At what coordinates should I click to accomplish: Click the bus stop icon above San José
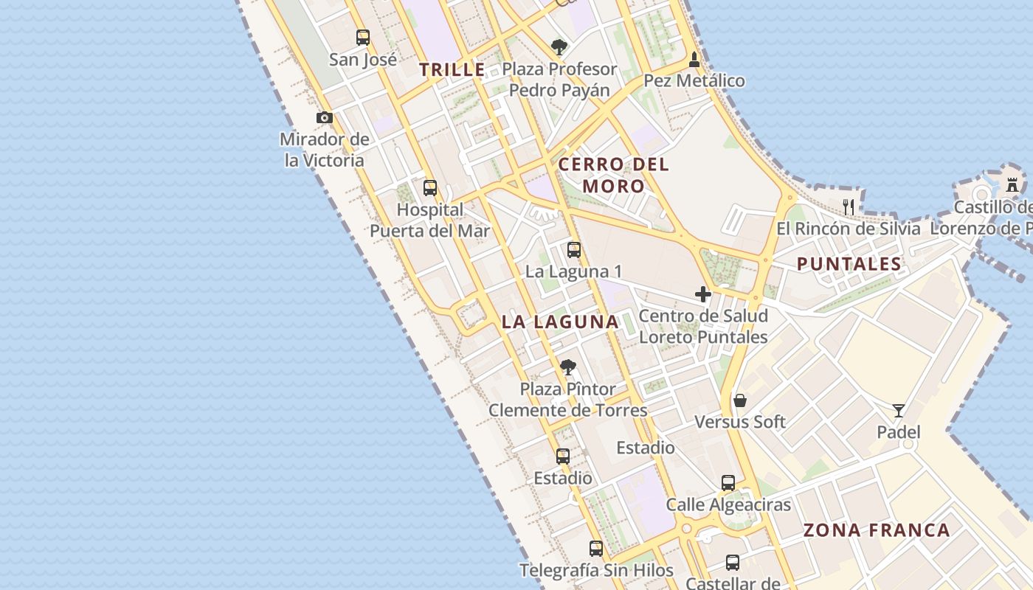pos(362,37)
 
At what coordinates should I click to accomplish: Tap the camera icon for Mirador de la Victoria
pos(324,117)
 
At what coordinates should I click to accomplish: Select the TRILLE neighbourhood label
pos(452,70)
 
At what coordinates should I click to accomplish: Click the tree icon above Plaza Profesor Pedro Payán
pos(559,47)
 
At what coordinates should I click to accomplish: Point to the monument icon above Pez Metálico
pos(694,59)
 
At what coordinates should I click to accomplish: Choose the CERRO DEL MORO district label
pos(613,175)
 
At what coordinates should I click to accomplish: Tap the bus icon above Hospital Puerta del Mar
pos(429,188)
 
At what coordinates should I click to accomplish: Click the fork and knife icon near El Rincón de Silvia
pos(849,206)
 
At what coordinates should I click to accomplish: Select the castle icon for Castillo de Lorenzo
pos(1012,184)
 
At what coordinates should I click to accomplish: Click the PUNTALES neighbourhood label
pos(849,264)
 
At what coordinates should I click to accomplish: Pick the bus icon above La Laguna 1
pos(573,250)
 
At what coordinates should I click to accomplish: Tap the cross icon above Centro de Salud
pos(702,294)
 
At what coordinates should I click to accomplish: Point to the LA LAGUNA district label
pos(560,322)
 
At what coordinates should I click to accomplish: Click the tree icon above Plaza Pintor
pos(567,367)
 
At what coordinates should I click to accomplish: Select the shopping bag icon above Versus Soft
pos(739,400)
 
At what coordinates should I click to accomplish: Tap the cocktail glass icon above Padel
pos(898,411)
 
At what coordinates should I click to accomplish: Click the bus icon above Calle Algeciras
pos(728,483)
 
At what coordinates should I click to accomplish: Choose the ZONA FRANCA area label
pos(876,530)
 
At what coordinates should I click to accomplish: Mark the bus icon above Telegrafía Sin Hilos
pos(595,549)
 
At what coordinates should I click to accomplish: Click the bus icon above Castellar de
pos(732,563)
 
